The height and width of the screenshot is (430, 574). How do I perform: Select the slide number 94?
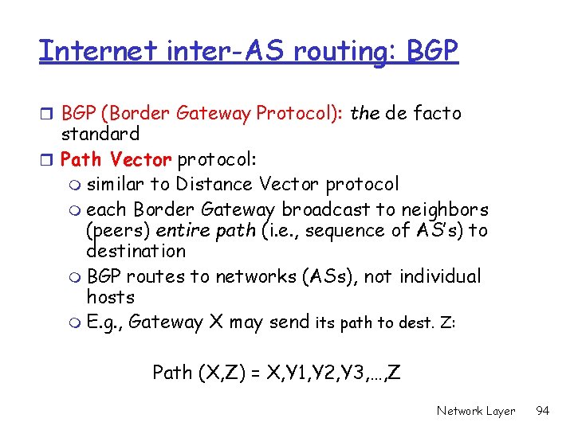tap(543, 411)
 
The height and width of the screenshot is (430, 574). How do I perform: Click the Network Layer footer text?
tap(475, 411)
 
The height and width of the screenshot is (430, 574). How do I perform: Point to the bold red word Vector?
tap(141, 159)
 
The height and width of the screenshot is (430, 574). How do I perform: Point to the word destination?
tap(136, 252)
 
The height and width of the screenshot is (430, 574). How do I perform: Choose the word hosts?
tap(110, 297)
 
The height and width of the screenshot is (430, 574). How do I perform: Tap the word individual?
tap(440, 277)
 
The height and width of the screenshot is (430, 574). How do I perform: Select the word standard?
tap(100, 134)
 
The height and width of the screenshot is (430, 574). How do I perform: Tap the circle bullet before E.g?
tap(76, 323)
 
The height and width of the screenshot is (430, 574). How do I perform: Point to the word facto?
tap(435, 113)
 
